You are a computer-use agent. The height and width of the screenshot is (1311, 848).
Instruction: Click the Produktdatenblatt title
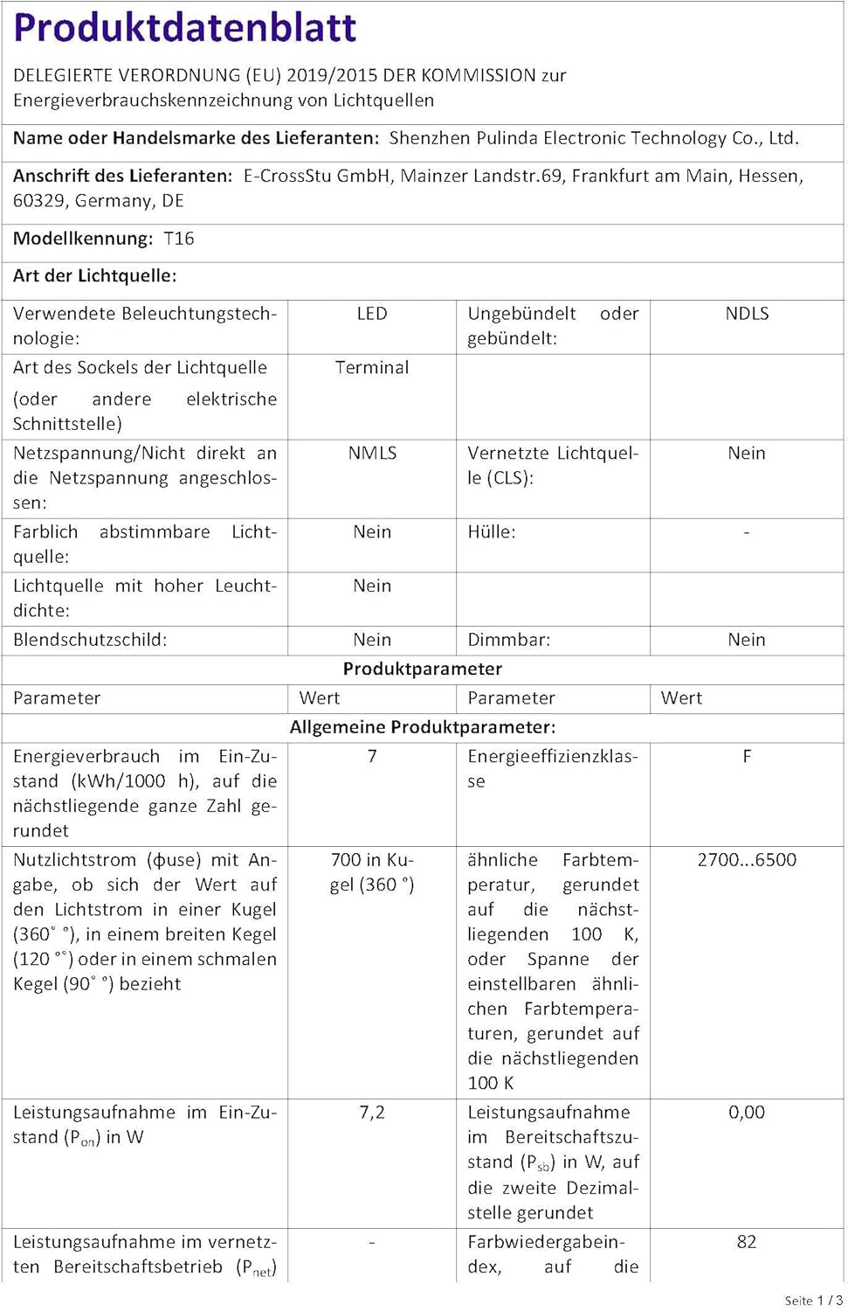coord(185,28)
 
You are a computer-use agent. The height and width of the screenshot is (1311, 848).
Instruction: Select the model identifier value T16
coord(179,239)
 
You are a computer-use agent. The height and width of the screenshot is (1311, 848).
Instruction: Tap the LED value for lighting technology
coord(372,314)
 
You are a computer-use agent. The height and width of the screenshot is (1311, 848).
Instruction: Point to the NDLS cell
coord(747,314)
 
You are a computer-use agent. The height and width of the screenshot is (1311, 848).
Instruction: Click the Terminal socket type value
coord(372,368)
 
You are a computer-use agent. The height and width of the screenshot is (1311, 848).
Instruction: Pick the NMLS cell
coord(372,453)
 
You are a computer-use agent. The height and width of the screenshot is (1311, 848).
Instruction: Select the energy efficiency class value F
coord(747,757)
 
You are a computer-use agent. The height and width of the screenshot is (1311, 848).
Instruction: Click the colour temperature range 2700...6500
coord(747,860)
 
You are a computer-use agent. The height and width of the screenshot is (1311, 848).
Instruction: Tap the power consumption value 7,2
coord(372,1113)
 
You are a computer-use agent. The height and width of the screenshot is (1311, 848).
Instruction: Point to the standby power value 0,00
coord(747,1113)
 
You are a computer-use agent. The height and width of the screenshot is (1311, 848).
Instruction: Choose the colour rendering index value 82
coord(747,1242)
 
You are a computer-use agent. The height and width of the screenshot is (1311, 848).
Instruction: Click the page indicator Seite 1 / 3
coord(813,1301)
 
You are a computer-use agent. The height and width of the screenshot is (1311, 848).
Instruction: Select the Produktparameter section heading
coord(423,669)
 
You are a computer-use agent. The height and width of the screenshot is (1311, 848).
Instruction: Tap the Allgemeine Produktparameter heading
coord(423,727)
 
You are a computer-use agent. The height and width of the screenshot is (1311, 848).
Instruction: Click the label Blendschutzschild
coord(90,640)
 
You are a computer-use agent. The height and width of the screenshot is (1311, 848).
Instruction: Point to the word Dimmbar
coord(508,640)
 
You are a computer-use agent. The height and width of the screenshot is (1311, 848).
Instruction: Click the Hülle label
coord(491,532)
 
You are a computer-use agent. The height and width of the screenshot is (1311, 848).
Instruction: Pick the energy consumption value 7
coord(372,757)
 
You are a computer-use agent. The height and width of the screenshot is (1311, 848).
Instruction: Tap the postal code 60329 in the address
coord(41,201)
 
